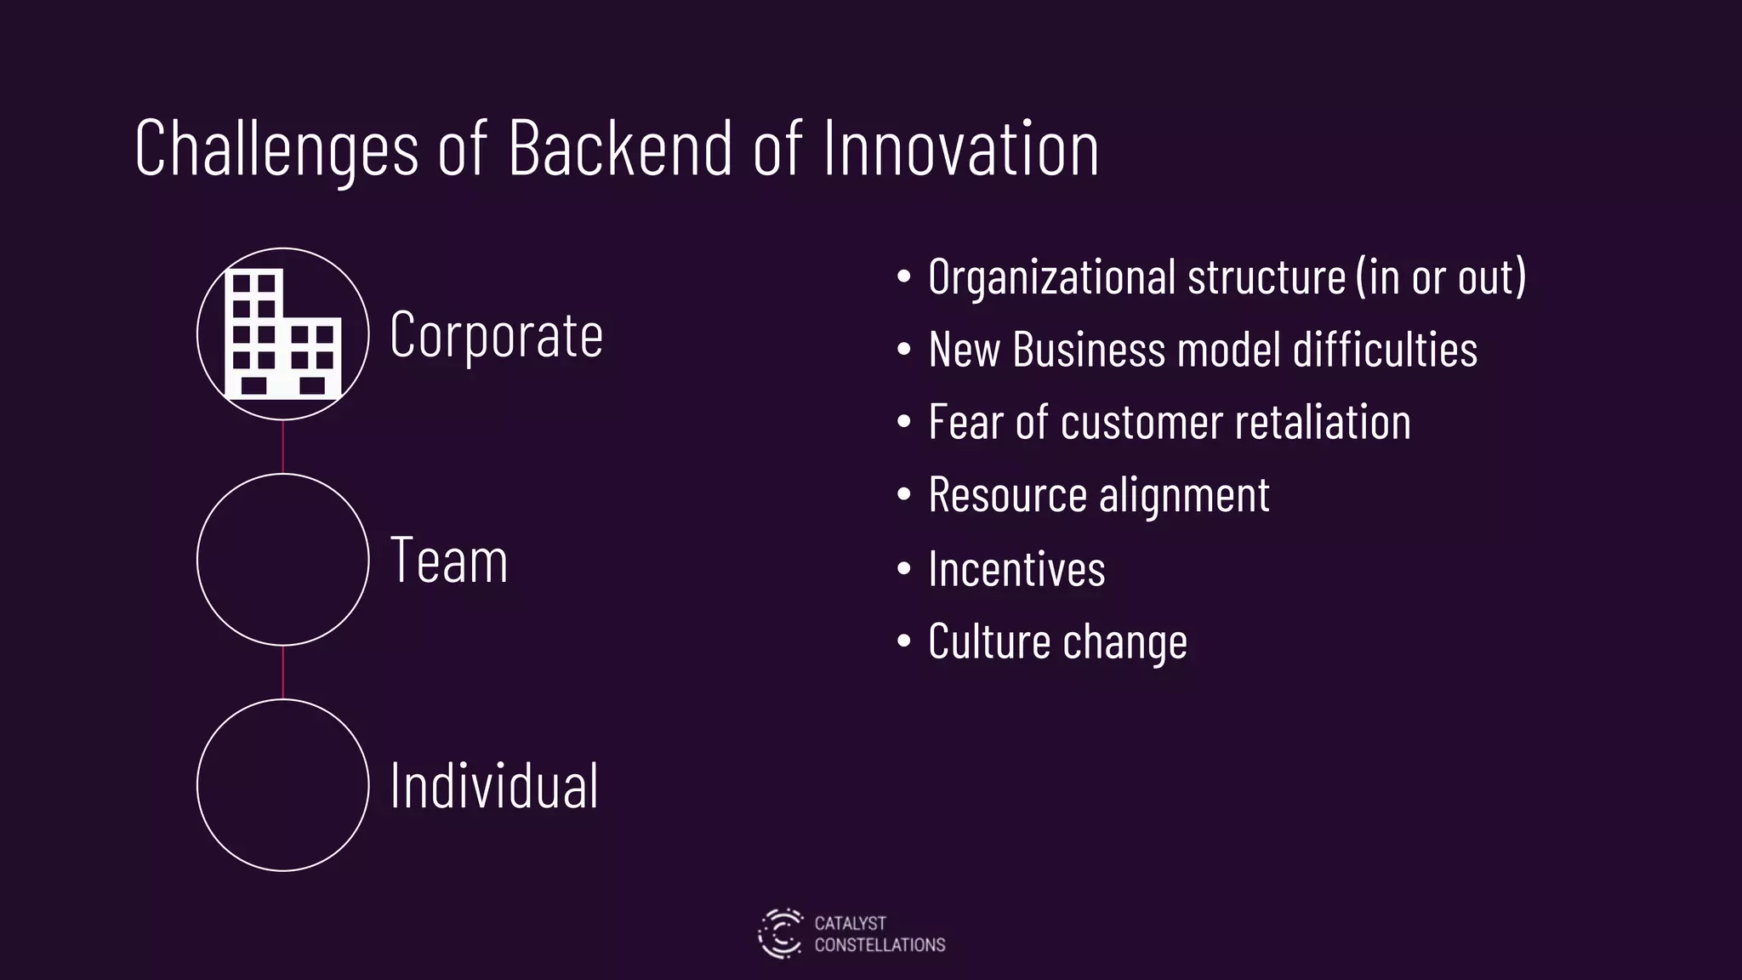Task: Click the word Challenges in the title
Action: tap(276, 149)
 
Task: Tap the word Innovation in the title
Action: tap(961, 149)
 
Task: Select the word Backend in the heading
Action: tap(620, 149)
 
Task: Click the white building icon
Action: tap(283, 334)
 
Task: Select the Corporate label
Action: tap(496, 334)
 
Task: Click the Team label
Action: tap(449, 561)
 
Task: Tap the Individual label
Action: tap(494, 785)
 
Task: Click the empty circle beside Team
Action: tap(283, 559)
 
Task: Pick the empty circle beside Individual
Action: tap(283, 784)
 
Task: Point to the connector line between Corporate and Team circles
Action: tap(283, 447)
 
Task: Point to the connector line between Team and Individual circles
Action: tap(283, 672)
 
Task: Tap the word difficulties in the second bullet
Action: tap(1385, 350)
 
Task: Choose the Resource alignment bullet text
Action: tap(1099, 494)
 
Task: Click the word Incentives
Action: tap(1016, 568)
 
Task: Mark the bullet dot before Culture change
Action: tap(903, 641)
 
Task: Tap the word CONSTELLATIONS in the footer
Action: tap(880, 945)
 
